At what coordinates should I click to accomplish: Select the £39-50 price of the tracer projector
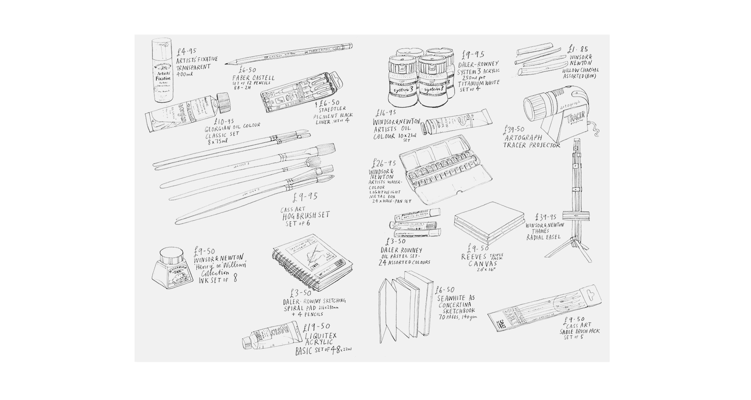515,130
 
